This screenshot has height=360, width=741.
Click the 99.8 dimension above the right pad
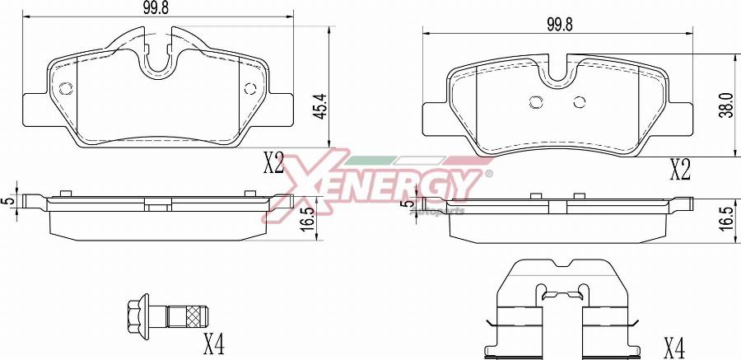pos(560,25)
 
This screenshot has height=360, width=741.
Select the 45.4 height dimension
pos(322,105)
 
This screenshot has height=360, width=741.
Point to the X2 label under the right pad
pos(681,171)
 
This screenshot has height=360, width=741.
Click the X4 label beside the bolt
pos(213,344)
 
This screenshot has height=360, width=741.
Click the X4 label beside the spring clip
pos(673,349)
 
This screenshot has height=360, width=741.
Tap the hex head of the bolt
pos(138,313)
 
